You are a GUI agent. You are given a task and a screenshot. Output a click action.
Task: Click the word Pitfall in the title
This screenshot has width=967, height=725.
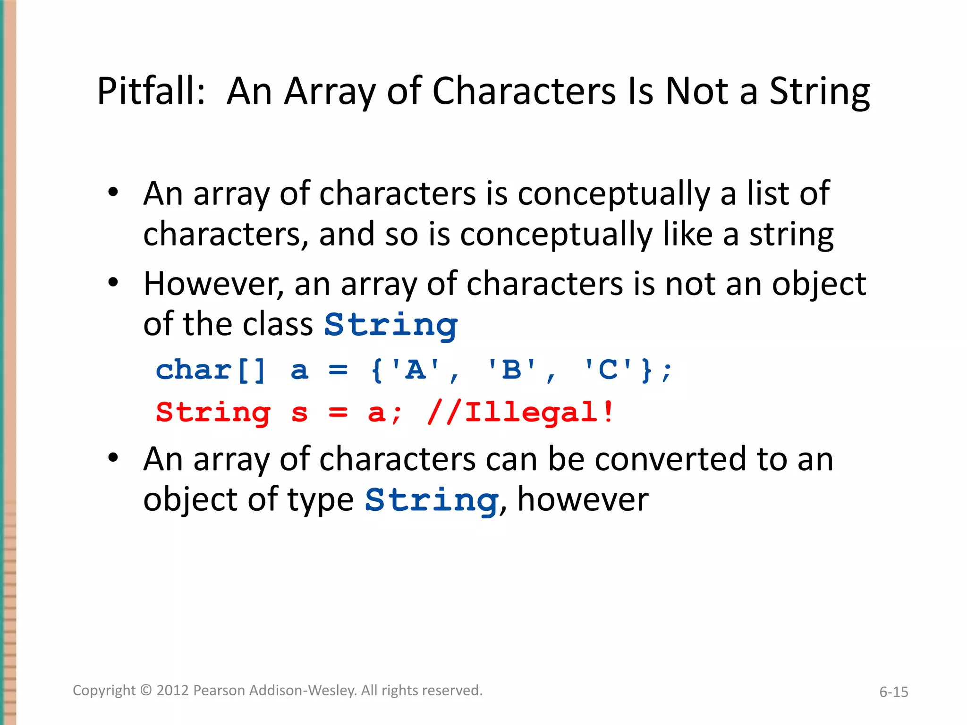(150, 91)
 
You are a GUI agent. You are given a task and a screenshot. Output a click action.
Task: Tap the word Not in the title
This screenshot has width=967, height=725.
(696, 91)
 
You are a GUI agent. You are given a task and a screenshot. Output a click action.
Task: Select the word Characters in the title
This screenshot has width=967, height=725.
(524, 91)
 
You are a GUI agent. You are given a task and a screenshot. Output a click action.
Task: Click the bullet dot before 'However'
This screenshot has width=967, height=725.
(113, 283)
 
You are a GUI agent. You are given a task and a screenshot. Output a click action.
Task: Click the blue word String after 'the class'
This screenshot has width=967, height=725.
(390, 325)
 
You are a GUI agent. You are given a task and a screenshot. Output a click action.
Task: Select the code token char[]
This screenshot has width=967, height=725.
(211, 370)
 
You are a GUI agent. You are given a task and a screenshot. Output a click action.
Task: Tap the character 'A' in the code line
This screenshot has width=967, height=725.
(416, 370)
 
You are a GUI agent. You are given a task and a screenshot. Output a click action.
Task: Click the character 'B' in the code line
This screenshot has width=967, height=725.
(512, 370)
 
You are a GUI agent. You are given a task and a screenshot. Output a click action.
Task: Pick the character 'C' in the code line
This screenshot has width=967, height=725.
(608, 370)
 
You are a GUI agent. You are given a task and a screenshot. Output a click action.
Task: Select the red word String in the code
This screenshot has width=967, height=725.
(213, 413)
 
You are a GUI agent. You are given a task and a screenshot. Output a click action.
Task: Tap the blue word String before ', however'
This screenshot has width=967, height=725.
(432, 500)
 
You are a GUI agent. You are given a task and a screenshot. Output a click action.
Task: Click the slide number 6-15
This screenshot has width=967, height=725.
(893, 692)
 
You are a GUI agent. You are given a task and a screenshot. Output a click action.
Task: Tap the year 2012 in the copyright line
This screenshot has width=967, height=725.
(172, 690)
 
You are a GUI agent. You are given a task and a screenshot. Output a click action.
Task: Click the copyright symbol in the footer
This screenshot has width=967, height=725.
(146, 690)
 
